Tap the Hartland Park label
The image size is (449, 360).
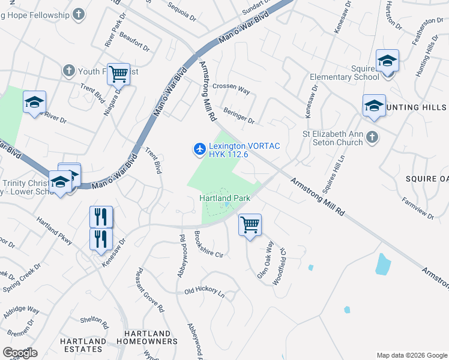tap(224, 198)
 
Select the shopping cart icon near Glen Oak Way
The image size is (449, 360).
tap(250, 225)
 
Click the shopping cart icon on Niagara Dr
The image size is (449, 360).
tap(118, 74)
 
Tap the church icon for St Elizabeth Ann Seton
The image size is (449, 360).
tap(372, 137)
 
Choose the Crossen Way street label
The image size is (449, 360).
tap(231, 89)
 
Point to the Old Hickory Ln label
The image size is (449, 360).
tap(204, 292)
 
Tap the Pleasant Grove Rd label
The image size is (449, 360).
tap(149, 290)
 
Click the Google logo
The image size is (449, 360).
tap(19, 353)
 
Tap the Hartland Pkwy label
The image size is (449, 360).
tap(54, 230)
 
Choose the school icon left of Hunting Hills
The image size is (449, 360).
tap(374, 106)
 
